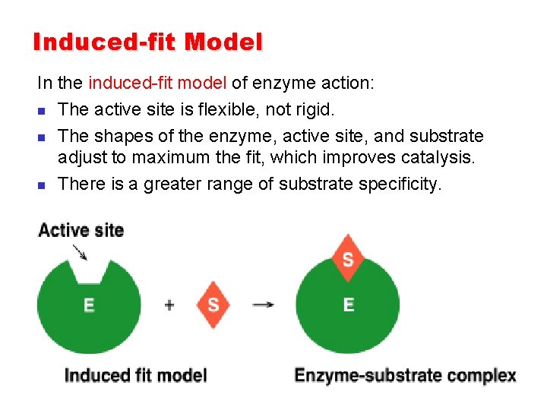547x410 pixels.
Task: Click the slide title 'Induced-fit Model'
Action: [147, 42]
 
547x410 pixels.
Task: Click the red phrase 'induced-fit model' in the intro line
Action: [157, 82]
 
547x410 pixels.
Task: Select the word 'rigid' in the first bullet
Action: [312, 109]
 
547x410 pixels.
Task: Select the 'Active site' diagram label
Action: [81, 230]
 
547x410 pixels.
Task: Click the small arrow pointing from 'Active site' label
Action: [79, 252]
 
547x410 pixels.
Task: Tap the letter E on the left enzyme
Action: [89, 305]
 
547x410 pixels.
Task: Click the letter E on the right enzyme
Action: [349, 304]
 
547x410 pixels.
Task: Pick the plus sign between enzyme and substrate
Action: [169, 305]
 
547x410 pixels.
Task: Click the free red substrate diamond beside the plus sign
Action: [213, 305]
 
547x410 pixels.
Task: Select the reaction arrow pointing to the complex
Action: [263, 305]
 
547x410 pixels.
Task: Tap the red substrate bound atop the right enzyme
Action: [348, 259]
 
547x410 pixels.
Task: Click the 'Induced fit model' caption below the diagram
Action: [135, 375]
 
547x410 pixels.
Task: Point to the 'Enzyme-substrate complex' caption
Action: [405, 375]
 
